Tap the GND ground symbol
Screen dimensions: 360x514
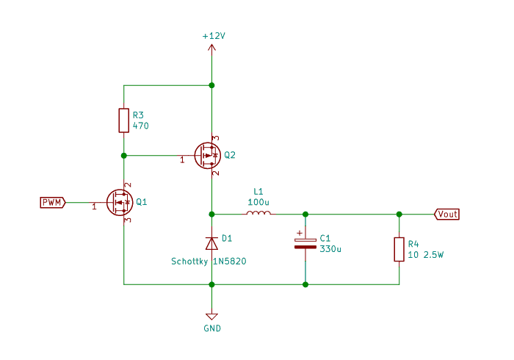pos(211,316)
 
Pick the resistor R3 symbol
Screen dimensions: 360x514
pos(124,120)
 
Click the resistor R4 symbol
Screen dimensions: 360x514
pos(399,249)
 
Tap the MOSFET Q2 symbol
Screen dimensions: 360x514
pos(208,155)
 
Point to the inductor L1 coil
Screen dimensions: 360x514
pos(258,214)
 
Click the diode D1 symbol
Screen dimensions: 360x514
pos(211,242)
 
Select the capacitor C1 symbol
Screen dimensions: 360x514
pos(305,244)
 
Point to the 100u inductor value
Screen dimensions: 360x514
pos(258,201)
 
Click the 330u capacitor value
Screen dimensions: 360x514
pos(330,249)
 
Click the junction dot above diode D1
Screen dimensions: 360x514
pos(211,214)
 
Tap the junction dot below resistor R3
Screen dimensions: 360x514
pos(124,155)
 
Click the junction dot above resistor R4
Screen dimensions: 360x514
pos(399,214)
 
